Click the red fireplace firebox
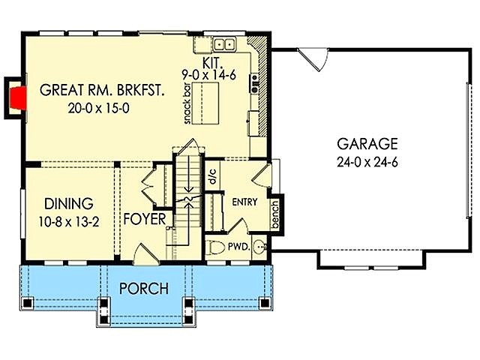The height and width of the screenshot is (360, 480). point(18,98)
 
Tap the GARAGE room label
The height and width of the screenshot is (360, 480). point(367,143)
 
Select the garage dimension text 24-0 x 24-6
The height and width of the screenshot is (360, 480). point(367,162)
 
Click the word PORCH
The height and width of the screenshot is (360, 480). point(144,288)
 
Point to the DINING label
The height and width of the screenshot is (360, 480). point(69,204)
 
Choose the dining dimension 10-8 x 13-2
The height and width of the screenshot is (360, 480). point(69,222)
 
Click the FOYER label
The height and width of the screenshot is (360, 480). point(145,219)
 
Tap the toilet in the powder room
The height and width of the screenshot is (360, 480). point(217,247)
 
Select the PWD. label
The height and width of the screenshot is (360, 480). point(239,247)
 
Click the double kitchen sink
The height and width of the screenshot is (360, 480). point(225,44)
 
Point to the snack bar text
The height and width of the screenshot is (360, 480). point(187,103)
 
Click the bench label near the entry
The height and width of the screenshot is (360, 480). point(275,214)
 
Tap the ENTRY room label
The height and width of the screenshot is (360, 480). point(244,202)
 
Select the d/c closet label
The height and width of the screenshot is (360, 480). point(213,176)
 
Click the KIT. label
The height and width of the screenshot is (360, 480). point(211,63)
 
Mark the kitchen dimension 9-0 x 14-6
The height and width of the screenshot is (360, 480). point(209,75)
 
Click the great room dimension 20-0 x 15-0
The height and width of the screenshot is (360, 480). point(98,108)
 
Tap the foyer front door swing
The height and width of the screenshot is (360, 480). point(147,254)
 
